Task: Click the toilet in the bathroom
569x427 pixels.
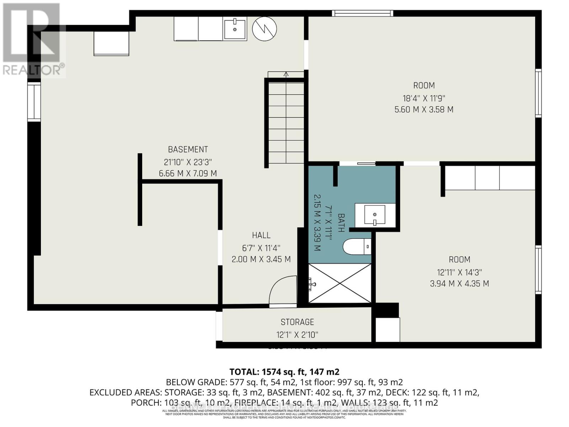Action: tap(356, 247)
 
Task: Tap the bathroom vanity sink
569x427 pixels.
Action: tap(374, 215)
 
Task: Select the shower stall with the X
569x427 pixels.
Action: tap(340, 284)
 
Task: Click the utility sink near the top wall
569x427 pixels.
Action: tap(234, 30)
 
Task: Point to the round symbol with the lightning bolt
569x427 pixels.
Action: tap(264, 29)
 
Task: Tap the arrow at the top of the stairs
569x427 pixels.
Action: tap(286, 74)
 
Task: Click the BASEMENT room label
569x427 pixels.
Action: tap(188, 149)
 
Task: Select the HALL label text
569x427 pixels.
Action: tap(261, 235)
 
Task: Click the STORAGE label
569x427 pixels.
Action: tap(297, 322)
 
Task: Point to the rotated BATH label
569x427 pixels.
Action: tap(341, 223)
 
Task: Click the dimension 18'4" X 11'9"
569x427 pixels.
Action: tap(424, 98)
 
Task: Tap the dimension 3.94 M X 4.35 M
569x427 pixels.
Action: tap(459, 284)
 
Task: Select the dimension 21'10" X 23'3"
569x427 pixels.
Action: tap(188, 162)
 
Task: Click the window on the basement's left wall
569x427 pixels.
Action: tap(34, 101)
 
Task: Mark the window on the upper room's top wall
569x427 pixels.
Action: tap(363, 13)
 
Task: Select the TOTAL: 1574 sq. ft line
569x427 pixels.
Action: tap(284, 372)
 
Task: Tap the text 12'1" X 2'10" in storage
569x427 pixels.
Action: tap(297, 335)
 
